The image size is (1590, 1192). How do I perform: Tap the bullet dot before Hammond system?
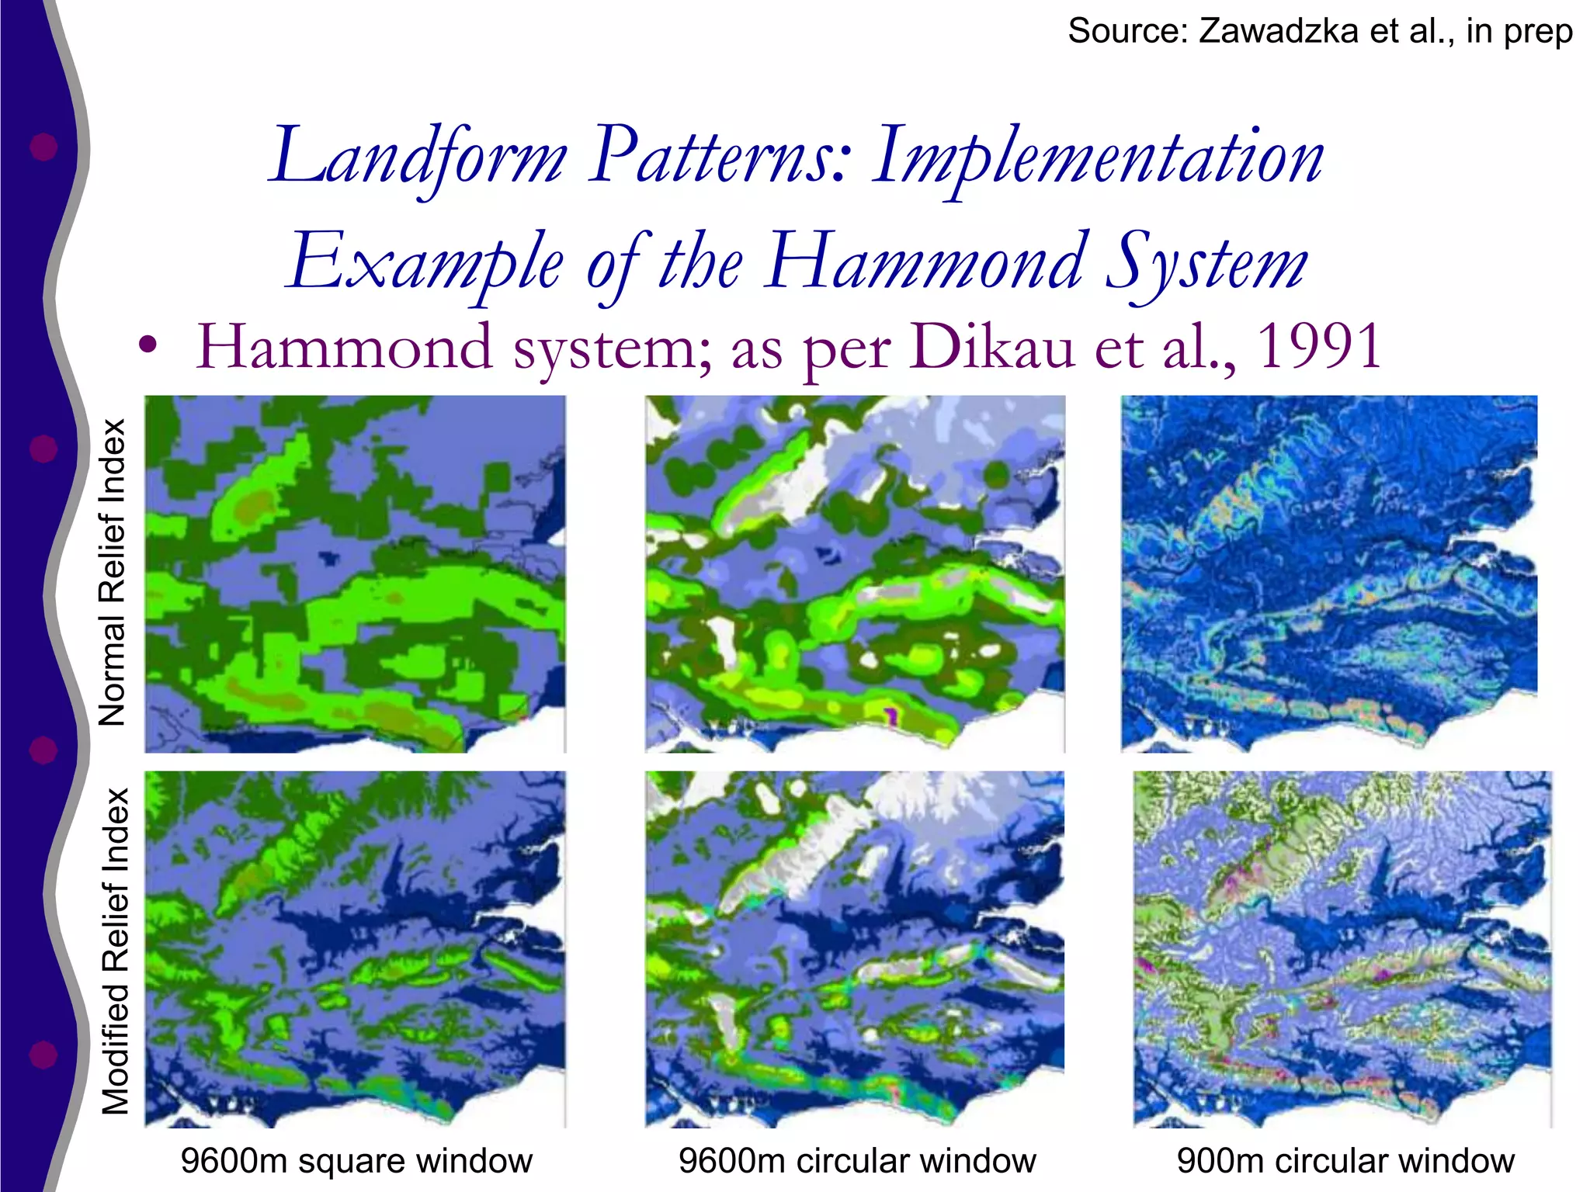point(148,345)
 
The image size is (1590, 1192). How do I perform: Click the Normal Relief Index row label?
point(113,573)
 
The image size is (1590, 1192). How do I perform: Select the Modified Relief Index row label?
point(115,951)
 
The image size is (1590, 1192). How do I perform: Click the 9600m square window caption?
point(356,1161)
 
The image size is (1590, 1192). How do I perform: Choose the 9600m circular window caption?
point(857,1161)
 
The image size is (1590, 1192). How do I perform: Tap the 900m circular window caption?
point(1345,1161)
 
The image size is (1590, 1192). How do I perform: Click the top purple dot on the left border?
point(43,146)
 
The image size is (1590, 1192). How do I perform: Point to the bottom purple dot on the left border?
point(43,1055)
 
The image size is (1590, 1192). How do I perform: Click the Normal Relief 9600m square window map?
point(355,573)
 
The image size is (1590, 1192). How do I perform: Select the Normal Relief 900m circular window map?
point(1328,573)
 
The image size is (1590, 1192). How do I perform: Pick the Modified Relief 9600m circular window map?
point(855,949)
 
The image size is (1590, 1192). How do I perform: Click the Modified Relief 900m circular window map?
point(1342,949)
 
